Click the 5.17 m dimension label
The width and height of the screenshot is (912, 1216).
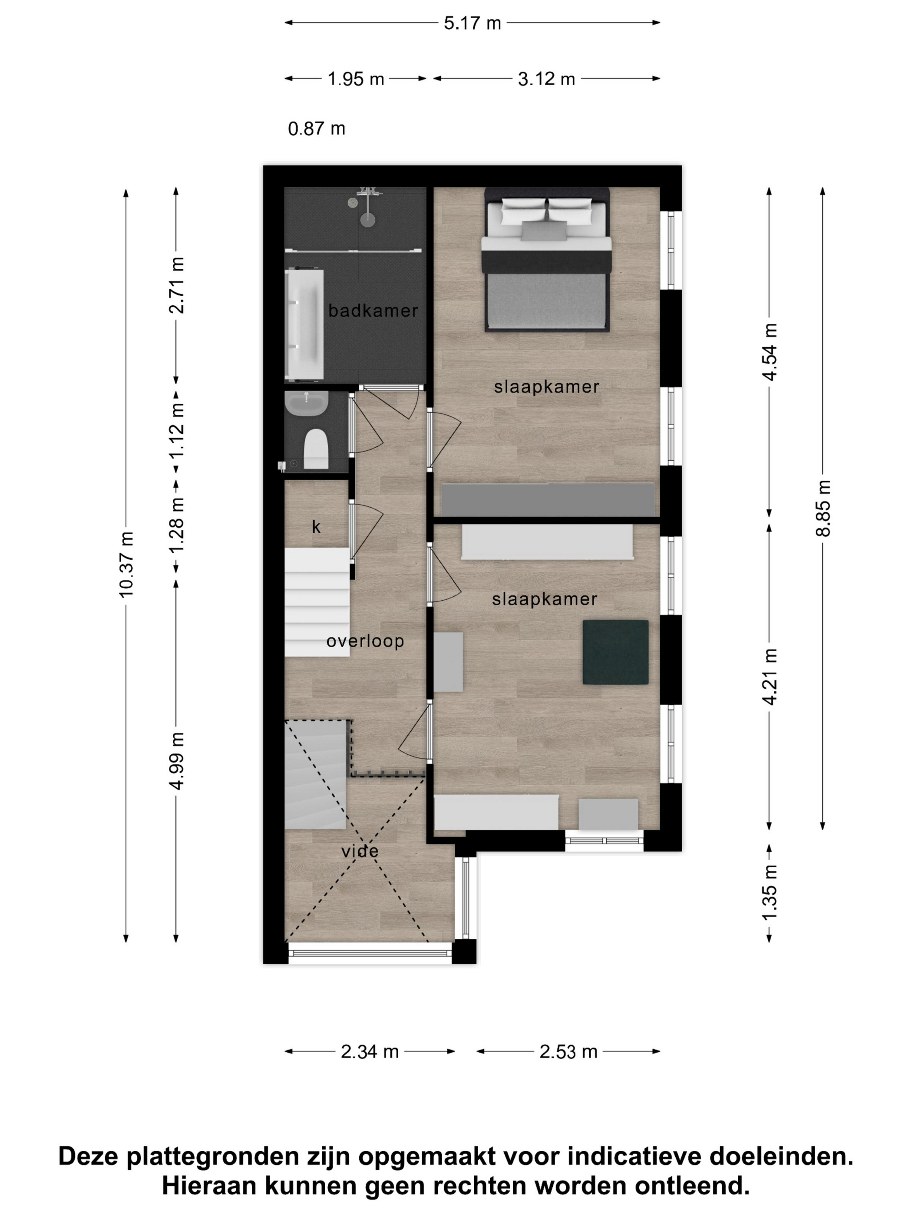[472, 23]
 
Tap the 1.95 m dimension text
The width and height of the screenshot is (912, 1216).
[356, 79]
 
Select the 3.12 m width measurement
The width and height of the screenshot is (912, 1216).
[546, 79]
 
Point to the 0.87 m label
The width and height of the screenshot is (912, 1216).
[317, 129]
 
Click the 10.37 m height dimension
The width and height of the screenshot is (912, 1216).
[126, 565]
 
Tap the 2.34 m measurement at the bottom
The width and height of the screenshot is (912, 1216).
[370, 1052]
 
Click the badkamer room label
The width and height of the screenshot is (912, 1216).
[373, 311]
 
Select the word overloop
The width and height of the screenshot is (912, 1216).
[365, 641]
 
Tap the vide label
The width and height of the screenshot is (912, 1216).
[360, 852]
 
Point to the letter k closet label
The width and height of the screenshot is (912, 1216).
[316, 527]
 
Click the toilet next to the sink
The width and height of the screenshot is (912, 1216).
[316, 449]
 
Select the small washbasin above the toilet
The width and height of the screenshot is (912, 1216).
[307, 403]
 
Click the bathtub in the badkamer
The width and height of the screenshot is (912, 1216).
[304, 325]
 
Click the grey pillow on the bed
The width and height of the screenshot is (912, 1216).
[544, 231]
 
